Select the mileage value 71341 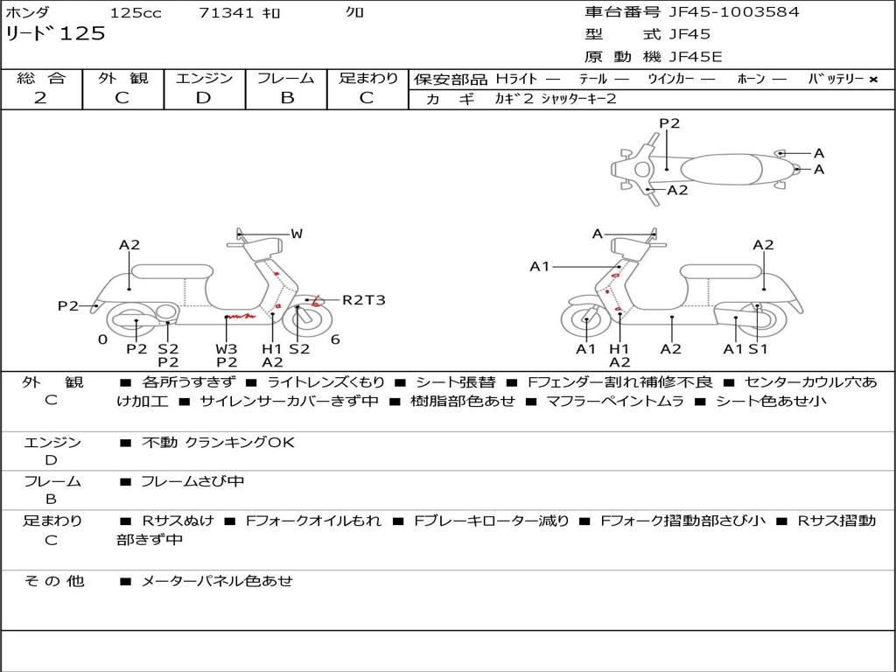tap(227, 13)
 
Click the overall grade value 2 tap(40, 98)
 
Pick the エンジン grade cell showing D tap(204, 98)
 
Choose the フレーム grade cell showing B tap(286, 98)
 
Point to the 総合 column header tap(41, 79)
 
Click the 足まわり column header tap(368, 79)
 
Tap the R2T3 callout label tap(363, 300)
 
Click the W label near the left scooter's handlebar tap(297, 234)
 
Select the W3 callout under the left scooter tap(227, 348)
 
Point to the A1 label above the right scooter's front tap(539, 267)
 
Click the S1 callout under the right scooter tap(758, 348)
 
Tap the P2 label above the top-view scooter tap(669, 123)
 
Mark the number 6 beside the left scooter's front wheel tap(335, 339)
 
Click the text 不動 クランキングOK tap(218, 443)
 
